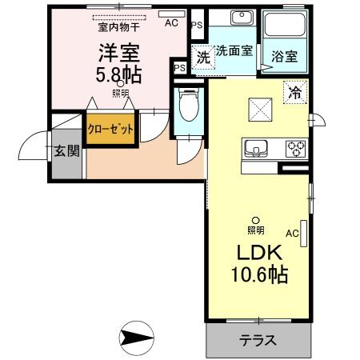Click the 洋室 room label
(x=119, y=54)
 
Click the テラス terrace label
(x=258, y=340)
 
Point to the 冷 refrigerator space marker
(x=295, y=91)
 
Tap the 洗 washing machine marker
(x=203, y=58)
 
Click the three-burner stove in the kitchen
(x=295, y=148)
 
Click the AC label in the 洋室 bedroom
(x=170, y=23)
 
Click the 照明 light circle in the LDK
(x=255, y=220)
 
